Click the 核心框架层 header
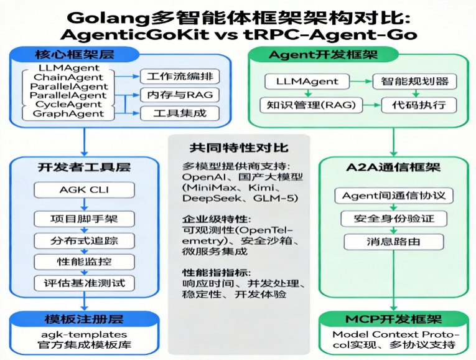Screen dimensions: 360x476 pyautogui.click(x=82, y=54)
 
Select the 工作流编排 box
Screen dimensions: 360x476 pyautogui.click(x=172, y=77)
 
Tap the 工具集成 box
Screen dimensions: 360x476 pyautogui.click(x=172, y=113)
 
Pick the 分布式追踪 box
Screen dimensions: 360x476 pyautogui.click(x=83, y=240)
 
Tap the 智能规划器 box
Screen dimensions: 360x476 pyautogui.click(x=414, y=82)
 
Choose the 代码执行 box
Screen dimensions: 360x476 pyautogui.click(x=414, y=105)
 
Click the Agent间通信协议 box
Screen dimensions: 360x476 pyautogui.click(x=394, y=196)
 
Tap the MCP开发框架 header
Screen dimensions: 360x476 pyautogui.click(x=393, y=320)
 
